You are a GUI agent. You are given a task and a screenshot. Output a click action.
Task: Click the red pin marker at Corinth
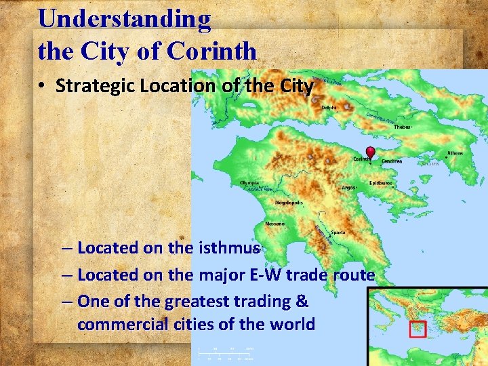click(x=370, y=152)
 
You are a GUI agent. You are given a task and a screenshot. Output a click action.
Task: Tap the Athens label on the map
click(x=455, y=153)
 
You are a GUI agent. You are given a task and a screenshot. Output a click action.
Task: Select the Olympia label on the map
click(x=249, y=183)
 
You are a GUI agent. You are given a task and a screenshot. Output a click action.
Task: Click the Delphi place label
click(x=329, y=107)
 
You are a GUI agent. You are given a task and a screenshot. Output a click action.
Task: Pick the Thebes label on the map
click(x=403, y=127)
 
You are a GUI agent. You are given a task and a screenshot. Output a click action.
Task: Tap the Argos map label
click(x=349, y=187)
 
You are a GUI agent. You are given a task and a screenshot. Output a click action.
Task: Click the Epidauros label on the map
click(x=380, y=183)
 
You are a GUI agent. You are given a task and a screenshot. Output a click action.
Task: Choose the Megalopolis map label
click(x=288, y=203)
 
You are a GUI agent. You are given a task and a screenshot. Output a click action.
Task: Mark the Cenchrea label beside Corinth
click(x=392, y=161)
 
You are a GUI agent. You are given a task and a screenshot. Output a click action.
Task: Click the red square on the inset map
click(x=418, y=329)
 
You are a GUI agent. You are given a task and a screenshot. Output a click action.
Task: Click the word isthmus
click(x=229, y=247)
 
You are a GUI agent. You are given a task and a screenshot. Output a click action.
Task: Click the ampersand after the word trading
click(x=302, y=300)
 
